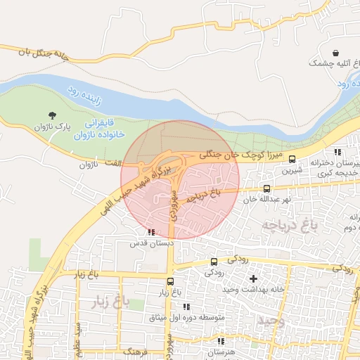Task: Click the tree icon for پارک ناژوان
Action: (x=53, y=115)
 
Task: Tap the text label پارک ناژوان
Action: (x=53, y=127)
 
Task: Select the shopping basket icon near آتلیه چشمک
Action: (x=335, y=53)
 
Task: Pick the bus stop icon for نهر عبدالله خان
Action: (x=266, y=188)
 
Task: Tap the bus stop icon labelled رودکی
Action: (x=214, y=262)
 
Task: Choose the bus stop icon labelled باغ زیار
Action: (x=161, y=281)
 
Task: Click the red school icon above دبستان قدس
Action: (x=150, y=231)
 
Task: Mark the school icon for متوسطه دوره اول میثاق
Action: (x=186, y=307)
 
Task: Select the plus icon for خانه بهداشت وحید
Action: (x=254, y=278)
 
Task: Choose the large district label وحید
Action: (x=269, y=320)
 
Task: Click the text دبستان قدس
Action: (x=147, y=243)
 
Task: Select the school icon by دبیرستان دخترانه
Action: (x=337, y=152)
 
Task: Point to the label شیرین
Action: (x=291, y=170)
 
